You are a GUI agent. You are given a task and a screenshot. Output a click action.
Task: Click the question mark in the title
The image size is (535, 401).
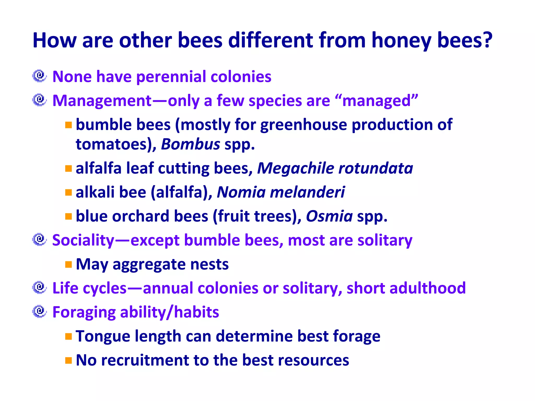(x=487, y=40)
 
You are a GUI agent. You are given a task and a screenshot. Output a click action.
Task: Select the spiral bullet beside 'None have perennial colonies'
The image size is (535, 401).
(x=39, y=76)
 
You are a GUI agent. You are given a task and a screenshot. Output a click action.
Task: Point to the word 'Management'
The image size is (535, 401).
(x=102, y=101)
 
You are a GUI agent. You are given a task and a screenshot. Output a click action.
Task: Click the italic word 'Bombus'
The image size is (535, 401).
(x=190, y=144)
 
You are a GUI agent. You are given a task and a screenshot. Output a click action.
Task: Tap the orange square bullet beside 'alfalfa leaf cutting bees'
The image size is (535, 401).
(x=68, y=168)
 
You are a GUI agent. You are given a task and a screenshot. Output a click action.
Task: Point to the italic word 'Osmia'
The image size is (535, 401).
(x=329, y=216)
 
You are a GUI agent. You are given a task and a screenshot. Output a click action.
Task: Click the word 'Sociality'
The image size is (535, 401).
(x=83, y=240)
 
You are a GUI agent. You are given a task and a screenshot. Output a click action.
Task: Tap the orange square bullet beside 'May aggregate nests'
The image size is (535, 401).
(x=68, y=264)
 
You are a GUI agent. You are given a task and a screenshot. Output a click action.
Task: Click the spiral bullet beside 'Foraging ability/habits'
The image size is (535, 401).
(x=39, y=311)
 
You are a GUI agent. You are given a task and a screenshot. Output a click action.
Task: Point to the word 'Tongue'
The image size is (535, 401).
(x=103, y=337)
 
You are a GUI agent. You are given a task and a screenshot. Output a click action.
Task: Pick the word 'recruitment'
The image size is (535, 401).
(x=145, y=360)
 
